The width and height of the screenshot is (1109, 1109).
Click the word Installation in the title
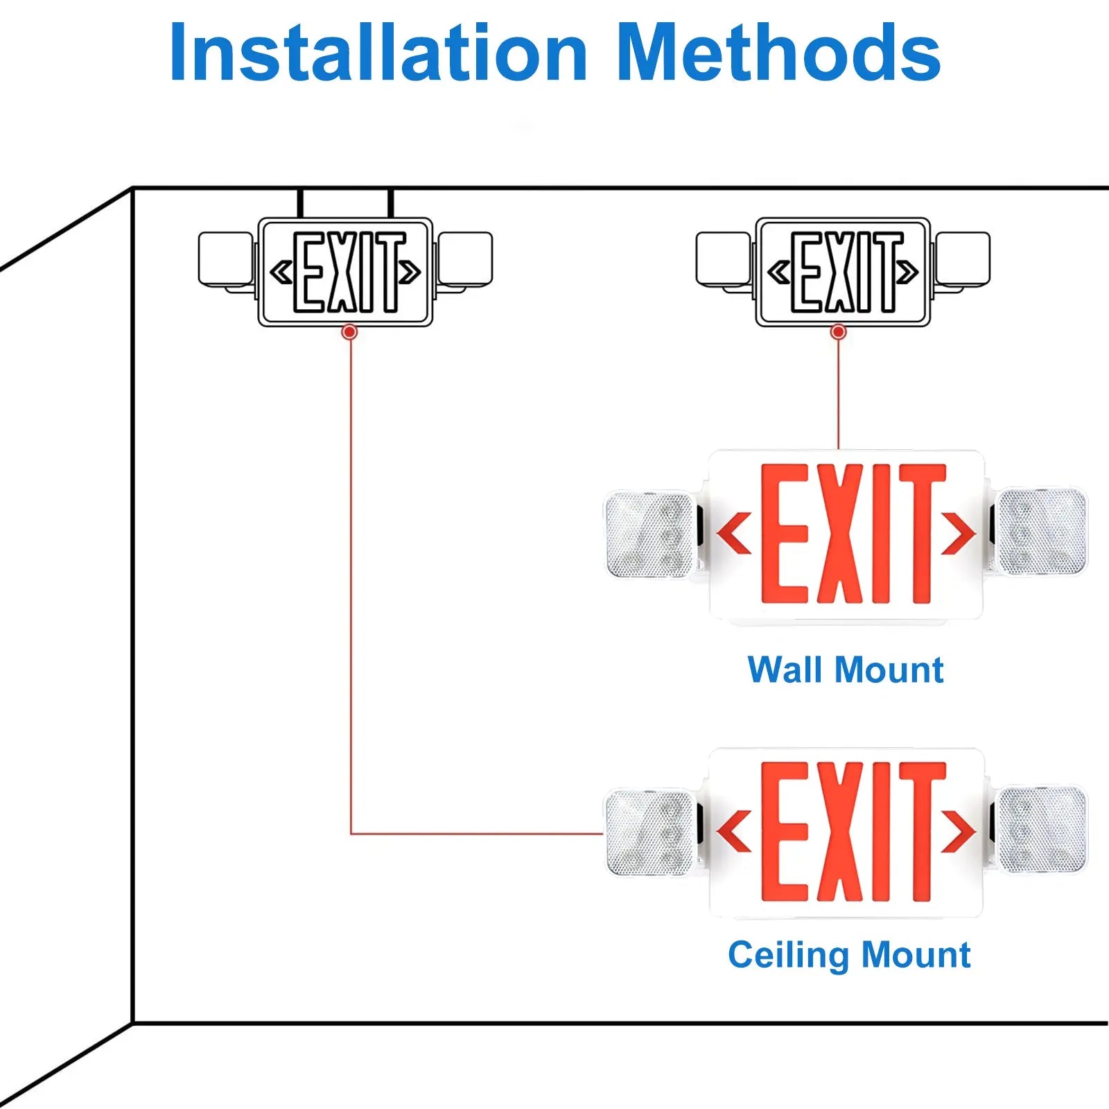(378, 53)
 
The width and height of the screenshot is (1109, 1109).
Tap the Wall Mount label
(845, 670)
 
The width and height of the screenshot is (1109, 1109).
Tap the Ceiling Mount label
(848, 954)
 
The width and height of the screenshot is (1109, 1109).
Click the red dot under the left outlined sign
(350, 332)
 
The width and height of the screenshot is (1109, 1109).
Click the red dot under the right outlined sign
(838, 332)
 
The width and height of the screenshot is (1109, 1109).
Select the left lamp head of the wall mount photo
(649, 534)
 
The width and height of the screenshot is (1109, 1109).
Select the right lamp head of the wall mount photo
(1041, 532)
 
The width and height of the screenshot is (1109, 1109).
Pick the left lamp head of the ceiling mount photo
(649, 832)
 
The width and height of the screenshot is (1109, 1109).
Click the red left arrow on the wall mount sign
(734, 533)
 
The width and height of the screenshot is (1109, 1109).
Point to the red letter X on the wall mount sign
(839, 533)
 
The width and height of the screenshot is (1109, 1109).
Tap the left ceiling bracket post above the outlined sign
(301, 203)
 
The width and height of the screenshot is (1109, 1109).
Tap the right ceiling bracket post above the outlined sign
(391, 203)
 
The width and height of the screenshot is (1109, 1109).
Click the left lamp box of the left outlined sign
(225, 259)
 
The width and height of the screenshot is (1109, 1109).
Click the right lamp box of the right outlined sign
(962, 259)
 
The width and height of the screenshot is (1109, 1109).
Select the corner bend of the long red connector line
(351, 833)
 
